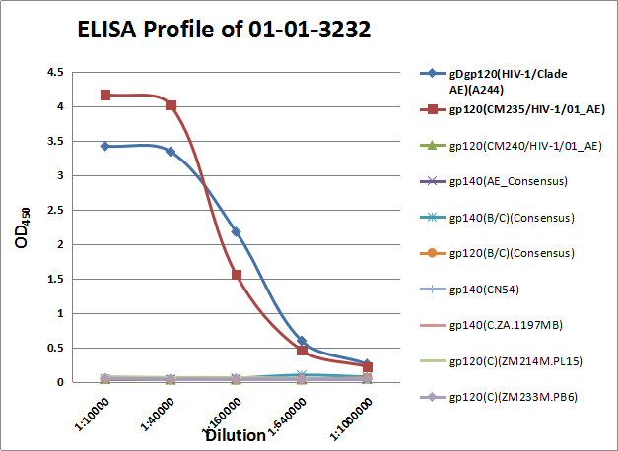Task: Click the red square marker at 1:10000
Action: pyautogui.click(x=105, y=95)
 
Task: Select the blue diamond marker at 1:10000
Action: pyautogui.click(x=105, y=146)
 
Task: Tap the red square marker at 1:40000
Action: pyautogui.click(x=171, y=105)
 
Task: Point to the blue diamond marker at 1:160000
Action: pyautogui.click(x=236, y=231)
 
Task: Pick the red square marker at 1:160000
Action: pyautogui.click(x=236, y=274)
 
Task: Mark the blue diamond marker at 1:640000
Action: pyautogui.click(x=302, y=341)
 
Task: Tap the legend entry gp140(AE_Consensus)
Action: pyautogui.click(x=504, y=181)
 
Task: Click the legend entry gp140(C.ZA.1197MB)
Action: pyautogui.click(x=506, y=324)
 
